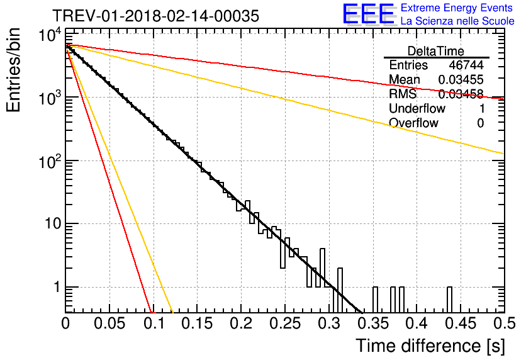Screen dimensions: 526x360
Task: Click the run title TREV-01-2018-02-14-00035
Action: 155,16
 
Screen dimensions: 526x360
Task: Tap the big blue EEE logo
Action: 369,14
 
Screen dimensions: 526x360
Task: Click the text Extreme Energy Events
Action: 457,8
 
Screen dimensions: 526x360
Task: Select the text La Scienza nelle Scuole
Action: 457,21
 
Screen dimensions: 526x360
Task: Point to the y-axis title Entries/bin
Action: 13,70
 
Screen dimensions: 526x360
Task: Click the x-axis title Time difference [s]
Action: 430,346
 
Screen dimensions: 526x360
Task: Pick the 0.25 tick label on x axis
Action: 285,323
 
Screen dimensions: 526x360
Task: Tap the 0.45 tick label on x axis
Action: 461,323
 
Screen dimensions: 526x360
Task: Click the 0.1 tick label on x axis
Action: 155,323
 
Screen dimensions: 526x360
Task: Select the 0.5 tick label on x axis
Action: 505,323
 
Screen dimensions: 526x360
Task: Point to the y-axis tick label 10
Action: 53,223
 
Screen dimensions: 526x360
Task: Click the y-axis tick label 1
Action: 57,287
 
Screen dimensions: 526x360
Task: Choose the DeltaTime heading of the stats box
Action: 436,51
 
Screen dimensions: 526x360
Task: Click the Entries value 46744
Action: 466,65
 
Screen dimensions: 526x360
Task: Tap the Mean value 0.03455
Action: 461,79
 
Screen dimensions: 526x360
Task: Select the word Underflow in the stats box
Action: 417,108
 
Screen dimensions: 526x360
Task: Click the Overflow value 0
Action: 480,123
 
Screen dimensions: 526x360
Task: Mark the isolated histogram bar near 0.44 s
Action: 449,300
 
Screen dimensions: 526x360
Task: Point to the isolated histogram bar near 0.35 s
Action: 376,300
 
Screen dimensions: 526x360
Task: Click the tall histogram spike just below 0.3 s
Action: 322,267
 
